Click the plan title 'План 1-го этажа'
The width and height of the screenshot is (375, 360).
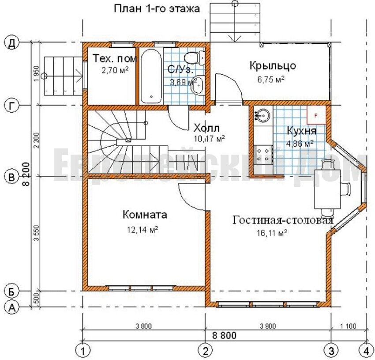157,9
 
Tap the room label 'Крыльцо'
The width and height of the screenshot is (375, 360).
273,66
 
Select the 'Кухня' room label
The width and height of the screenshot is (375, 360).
301,131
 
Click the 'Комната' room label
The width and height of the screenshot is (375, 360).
145,215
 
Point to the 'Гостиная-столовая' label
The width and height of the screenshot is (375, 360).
283,220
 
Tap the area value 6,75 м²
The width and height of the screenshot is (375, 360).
271,79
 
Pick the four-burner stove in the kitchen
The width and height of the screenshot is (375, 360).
263,155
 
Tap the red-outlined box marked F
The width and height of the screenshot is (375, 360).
316,115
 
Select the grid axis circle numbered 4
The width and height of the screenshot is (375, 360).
366,351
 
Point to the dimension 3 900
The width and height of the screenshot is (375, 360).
268,326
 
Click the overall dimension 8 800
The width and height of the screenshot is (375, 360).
224,335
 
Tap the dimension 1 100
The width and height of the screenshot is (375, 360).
348,326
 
